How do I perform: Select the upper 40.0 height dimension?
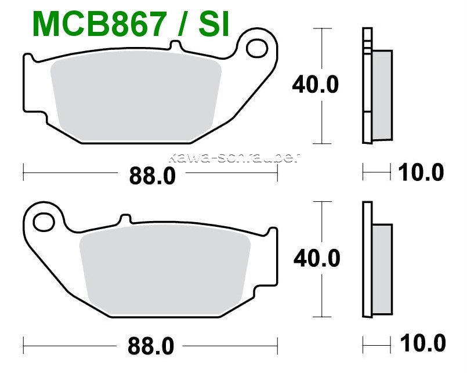pyautogui.click(x=315, y=85)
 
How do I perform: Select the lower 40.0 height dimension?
pyautogui.click(x=316, y=258)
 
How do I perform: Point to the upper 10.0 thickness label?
pyautogui.click(x=421, y=172)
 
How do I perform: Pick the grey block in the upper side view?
pyautogui.click(x=382, y=96)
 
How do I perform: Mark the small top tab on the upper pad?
pyautogui.click(x=175, y=45)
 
